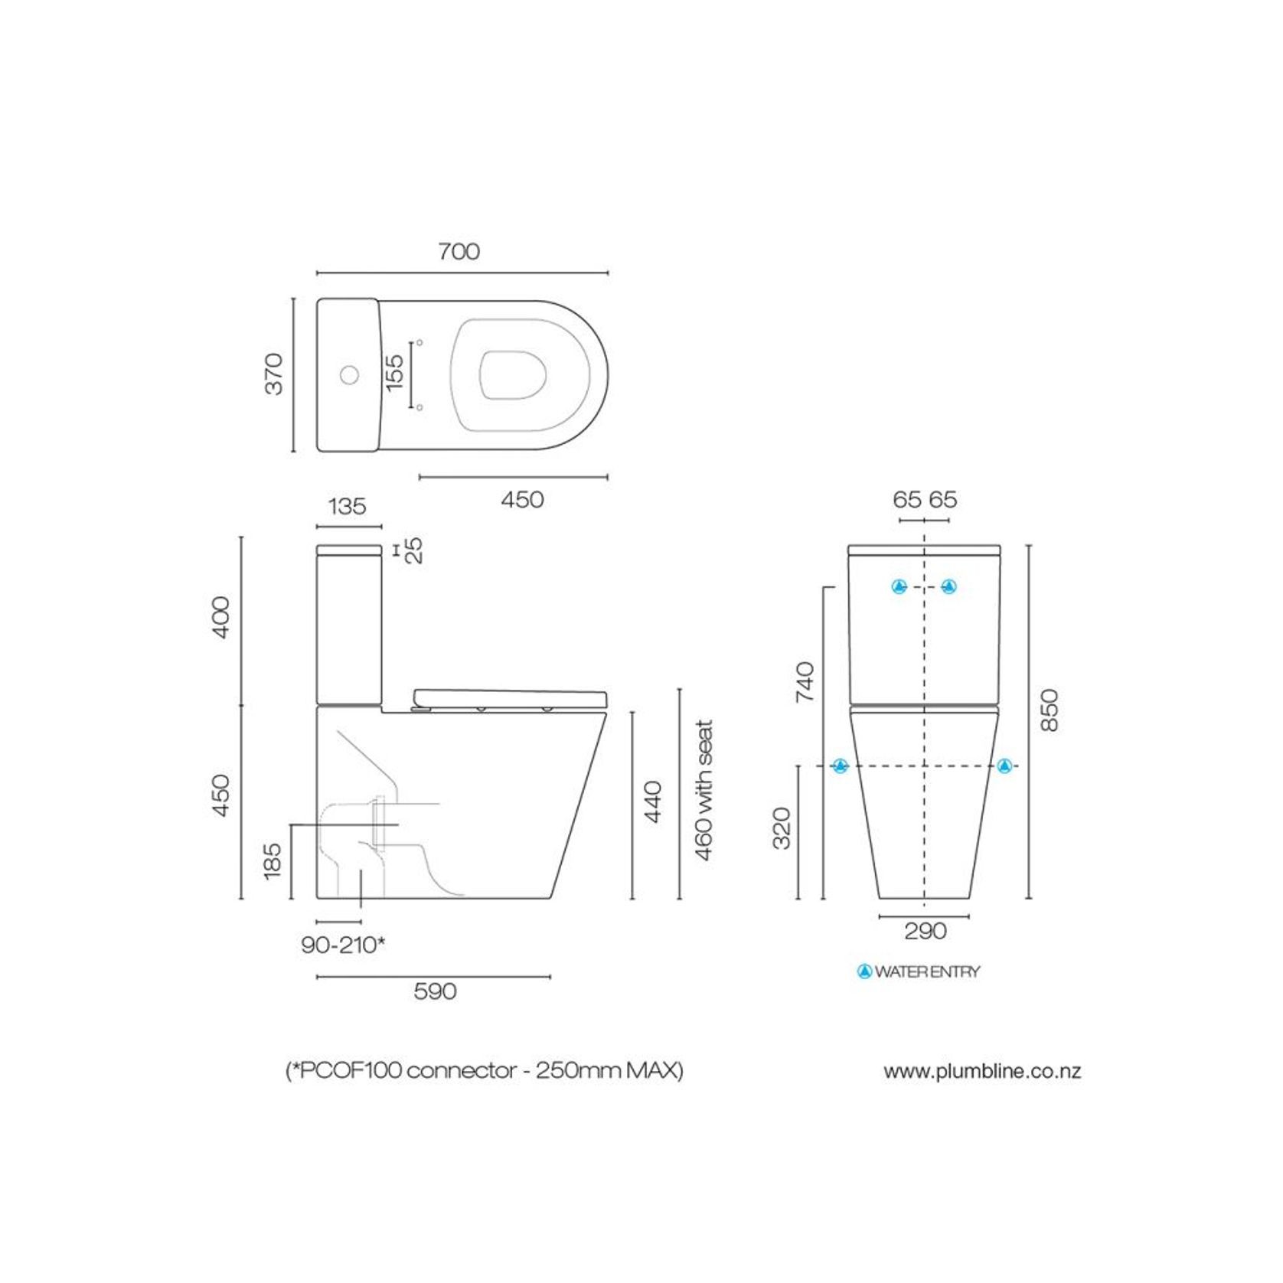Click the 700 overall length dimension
click(459, 252)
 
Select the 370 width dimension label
click(274, 374)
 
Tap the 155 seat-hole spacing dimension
click(394, 373)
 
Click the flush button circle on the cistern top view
click(350, 375)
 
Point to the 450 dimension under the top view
click(522, 500)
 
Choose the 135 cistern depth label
click(348, 507)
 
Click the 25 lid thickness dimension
click(414, 550)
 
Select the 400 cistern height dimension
click(220, 617)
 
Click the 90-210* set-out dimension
click(342, 945)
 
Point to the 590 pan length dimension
click(435, 991)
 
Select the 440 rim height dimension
click(653, 801)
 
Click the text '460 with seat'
click(704, 789)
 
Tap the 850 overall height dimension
click(1050, 710)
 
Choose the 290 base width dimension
click(925, 931)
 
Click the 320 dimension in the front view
click(782, 828)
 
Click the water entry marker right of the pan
click(1004, 766)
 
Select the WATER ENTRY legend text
click(926, 972)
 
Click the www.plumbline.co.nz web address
click(982, 1071)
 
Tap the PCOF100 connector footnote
click(484, 1070)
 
